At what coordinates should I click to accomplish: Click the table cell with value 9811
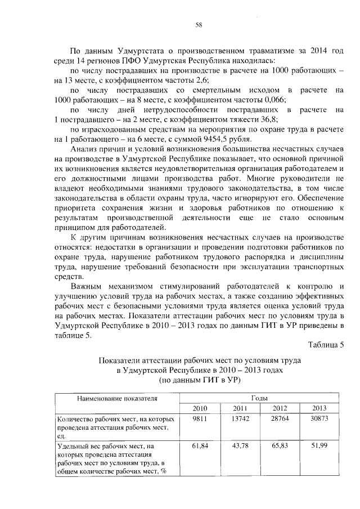pyautogui.click(x=200, y=420)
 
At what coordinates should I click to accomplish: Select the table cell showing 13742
pyautogui.click(x=240, y=420)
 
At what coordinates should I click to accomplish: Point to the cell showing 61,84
pyautogui.click(x=200, y=446)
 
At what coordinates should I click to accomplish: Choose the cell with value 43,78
pyautogui.click(x=240, y=446)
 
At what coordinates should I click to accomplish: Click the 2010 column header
pyautogui.click(x=200, y=408)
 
